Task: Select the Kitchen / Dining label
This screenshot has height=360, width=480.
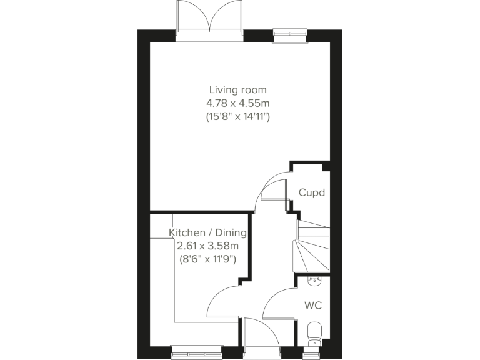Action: pos(208,233)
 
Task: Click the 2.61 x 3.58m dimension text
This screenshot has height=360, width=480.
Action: pos(208,246)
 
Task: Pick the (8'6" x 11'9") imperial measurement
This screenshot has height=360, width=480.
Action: pos(208,258)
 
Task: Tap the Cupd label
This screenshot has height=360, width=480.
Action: pos(311,192)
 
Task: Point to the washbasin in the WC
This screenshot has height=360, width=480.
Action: pos(315,282)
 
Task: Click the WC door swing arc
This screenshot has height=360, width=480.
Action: pos(275,300)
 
